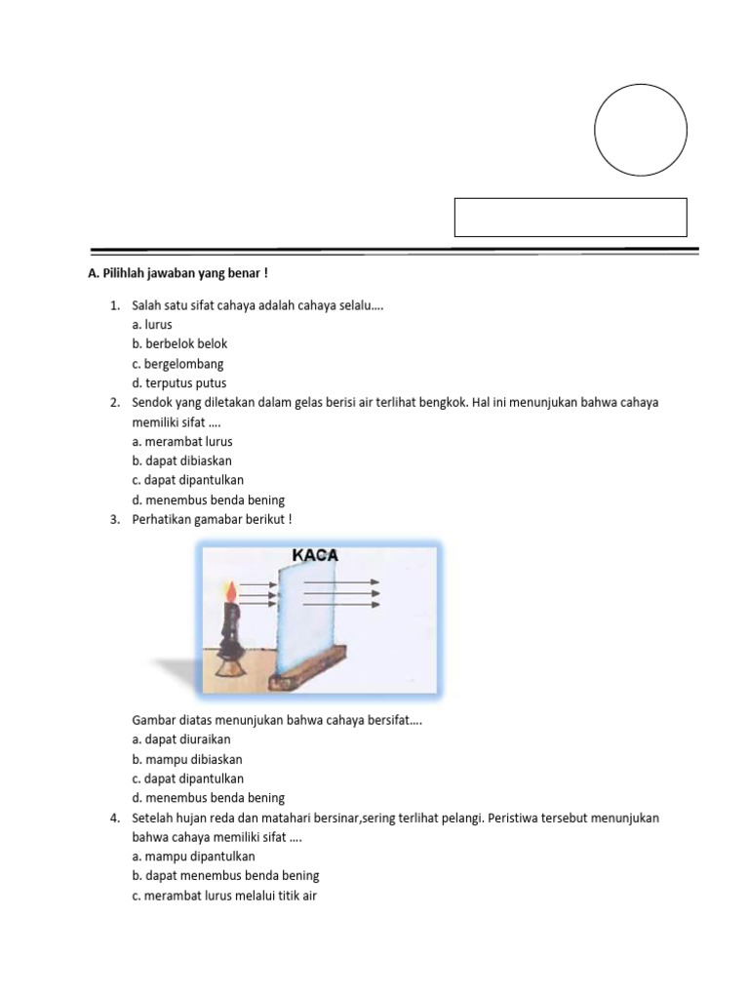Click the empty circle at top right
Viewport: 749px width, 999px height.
(641, 131)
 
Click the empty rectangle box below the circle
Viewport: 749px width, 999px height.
(571, 218)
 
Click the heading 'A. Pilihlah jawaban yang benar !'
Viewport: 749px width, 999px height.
(177, 274)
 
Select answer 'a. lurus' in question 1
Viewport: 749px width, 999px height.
(151, 325)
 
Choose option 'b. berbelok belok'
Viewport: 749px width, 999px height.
(179, 344)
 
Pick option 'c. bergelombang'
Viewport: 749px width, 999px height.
(177, 364)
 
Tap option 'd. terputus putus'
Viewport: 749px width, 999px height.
(178, 383)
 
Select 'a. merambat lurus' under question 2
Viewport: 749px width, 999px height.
(181, 441)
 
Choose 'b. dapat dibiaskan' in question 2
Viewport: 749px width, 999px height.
(181, 460)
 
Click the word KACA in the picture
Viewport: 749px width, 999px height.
(314, 555)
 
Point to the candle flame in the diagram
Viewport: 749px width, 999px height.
(230, 591)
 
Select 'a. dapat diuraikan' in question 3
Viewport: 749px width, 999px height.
(180, 739)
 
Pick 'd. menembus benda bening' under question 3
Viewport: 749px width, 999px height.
(208, 798)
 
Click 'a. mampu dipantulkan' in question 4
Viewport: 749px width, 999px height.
(192, 856)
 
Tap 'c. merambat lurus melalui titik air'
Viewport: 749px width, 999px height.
(223, 895)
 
